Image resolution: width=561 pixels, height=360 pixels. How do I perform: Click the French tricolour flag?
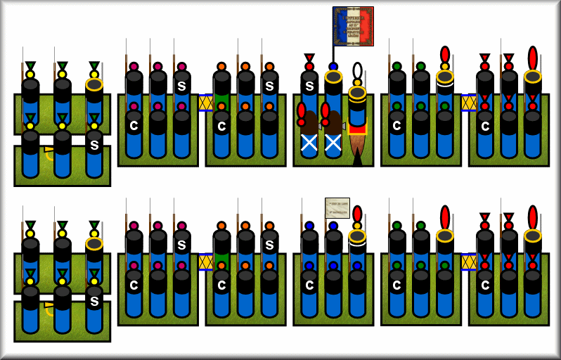tap(352, 26)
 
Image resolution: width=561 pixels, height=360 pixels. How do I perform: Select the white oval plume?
tap(357, 72)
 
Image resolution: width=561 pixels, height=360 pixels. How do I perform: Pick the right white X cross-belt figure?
tap(333, 143)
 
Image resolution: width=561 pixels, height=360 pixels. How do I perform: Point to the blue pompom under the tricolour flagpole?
tap(333, 67)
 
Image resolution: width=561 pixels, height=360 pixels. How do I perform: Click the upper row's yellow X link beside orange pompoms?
tap(206, 103)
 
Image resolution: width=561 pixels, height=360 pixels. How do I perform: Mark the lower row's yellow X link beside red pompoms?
tap(469, 262)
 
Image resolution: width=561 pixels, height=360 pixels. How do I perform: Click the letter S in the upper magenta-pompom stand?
tap(181, 85)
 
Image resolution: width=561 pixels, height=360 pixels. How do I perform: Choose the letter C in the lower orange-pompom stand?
tap(222, 285)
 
